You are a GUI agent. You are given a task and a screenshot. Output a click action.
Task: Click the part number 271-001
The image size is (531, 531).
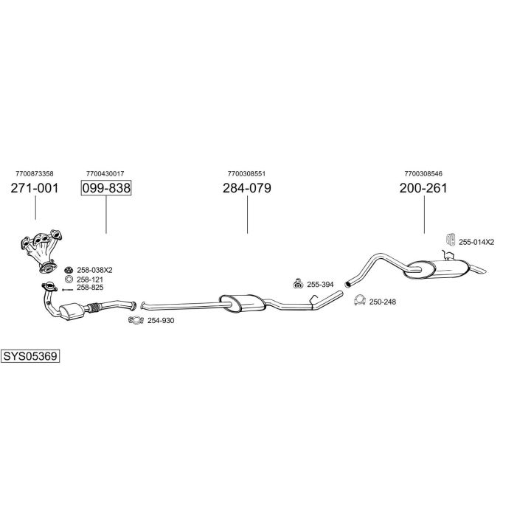coord(35,188)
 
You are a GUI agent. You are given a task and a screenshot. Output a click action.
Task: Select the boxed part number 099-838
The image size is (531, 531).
coord(106,188)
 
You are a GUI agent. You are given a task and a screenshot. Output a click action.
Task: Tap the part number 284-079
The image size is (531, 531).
coord(247,188)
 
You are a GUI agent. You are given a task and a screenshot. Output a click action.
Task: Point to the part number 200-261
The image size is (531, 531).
coord(423,188)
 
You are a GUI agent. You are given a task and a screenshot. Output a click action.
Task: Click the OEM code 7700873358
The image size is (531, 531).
coord(34,173)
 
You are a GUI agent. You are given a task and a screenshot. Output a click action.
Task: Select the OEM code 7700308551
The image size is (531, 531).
coord(247,173)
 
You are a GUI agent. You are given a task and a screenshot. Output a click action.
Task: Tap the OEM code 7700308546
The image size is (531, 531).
coord(423,173)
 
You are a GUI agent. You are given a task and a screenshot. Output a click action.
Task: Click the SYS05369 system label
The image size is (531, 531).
coord(30,356)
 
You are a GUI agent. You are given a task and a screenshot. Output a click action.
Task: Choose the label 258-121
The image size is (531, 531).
coord(89,280)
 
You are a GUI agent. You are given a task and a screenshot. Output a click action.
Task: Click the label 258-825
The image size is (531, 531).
coord(89,288)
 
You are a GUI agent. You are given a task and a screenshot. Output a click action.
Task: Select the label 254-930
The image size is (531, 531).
coord(161,321)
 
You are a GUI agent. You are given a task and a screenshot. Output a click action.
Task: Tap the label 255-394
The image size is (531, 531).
coord(320,284)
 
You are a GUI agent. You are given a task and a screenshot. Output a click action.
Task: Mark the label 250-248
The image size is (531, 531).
coord(382,302)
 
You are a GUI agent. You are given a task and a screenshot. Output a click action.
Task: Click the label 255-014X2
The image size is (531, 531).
coord(476,241)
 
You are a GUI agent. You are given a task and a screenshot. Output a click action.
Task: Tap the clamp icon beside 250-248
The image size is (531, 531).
coord(360,300)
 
